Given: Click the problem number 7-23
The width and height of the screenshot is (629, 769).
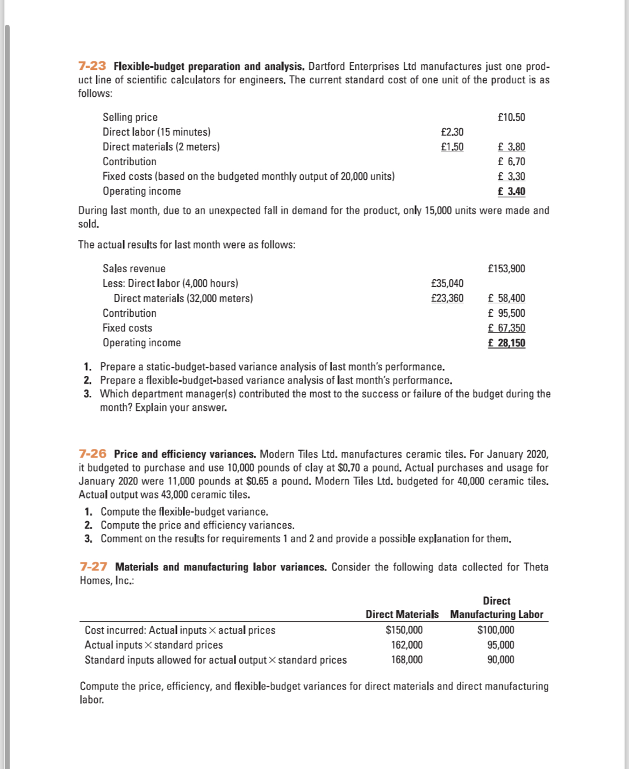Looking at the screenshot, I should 92,66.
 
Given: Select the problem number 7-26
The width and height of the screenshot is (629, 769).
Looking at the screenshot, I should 92,454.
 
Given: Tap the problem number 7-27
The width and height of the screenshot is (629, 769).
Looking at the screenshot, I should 93,567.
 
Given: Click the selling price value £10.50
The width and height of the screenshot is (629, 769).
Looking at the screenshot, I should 511,117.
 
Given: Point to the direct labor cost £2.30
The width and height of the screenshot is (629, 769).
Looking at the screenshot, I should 452,132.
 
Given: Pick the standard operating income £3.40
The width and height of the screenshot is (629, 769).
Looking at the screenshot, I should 511,191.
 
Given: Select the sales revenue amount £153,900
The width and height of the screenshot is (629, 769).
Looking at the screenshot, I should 506,268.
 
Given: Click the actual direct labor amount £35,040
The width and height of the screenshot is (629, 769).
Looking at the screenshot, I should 447,283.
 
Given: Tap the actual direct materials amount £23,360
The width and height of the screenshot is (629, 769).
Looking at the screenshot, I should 447,298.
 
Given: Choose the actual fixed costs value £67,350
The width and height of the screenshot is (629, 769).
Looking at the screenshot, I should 506,328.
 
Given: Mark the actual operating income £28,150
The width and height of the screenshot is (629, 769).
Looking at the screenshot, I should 506,343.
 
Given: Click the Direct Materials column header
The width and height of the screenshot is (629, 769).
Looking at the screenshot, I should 402,614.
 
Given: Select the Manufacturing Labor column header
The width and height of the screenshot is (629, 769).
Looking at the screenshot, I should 496,614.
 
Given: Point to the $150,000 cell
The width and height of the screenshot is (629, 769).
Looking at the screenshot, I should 404,630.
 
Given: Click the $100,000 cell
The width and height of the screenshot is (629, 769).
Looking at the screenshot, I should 496,630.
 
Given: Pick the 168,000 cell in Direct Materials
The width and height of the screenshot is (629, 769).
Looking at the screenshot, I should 406,660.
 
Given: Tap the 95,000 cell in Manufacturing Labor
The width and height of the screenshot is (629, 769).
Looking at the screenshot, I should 501,645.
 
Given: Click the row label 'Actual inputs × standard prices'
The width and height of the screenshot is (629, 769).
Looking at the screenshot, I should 154,645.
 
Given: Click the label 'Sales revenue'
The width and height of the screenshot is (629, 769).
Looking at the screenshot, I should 134,268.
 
